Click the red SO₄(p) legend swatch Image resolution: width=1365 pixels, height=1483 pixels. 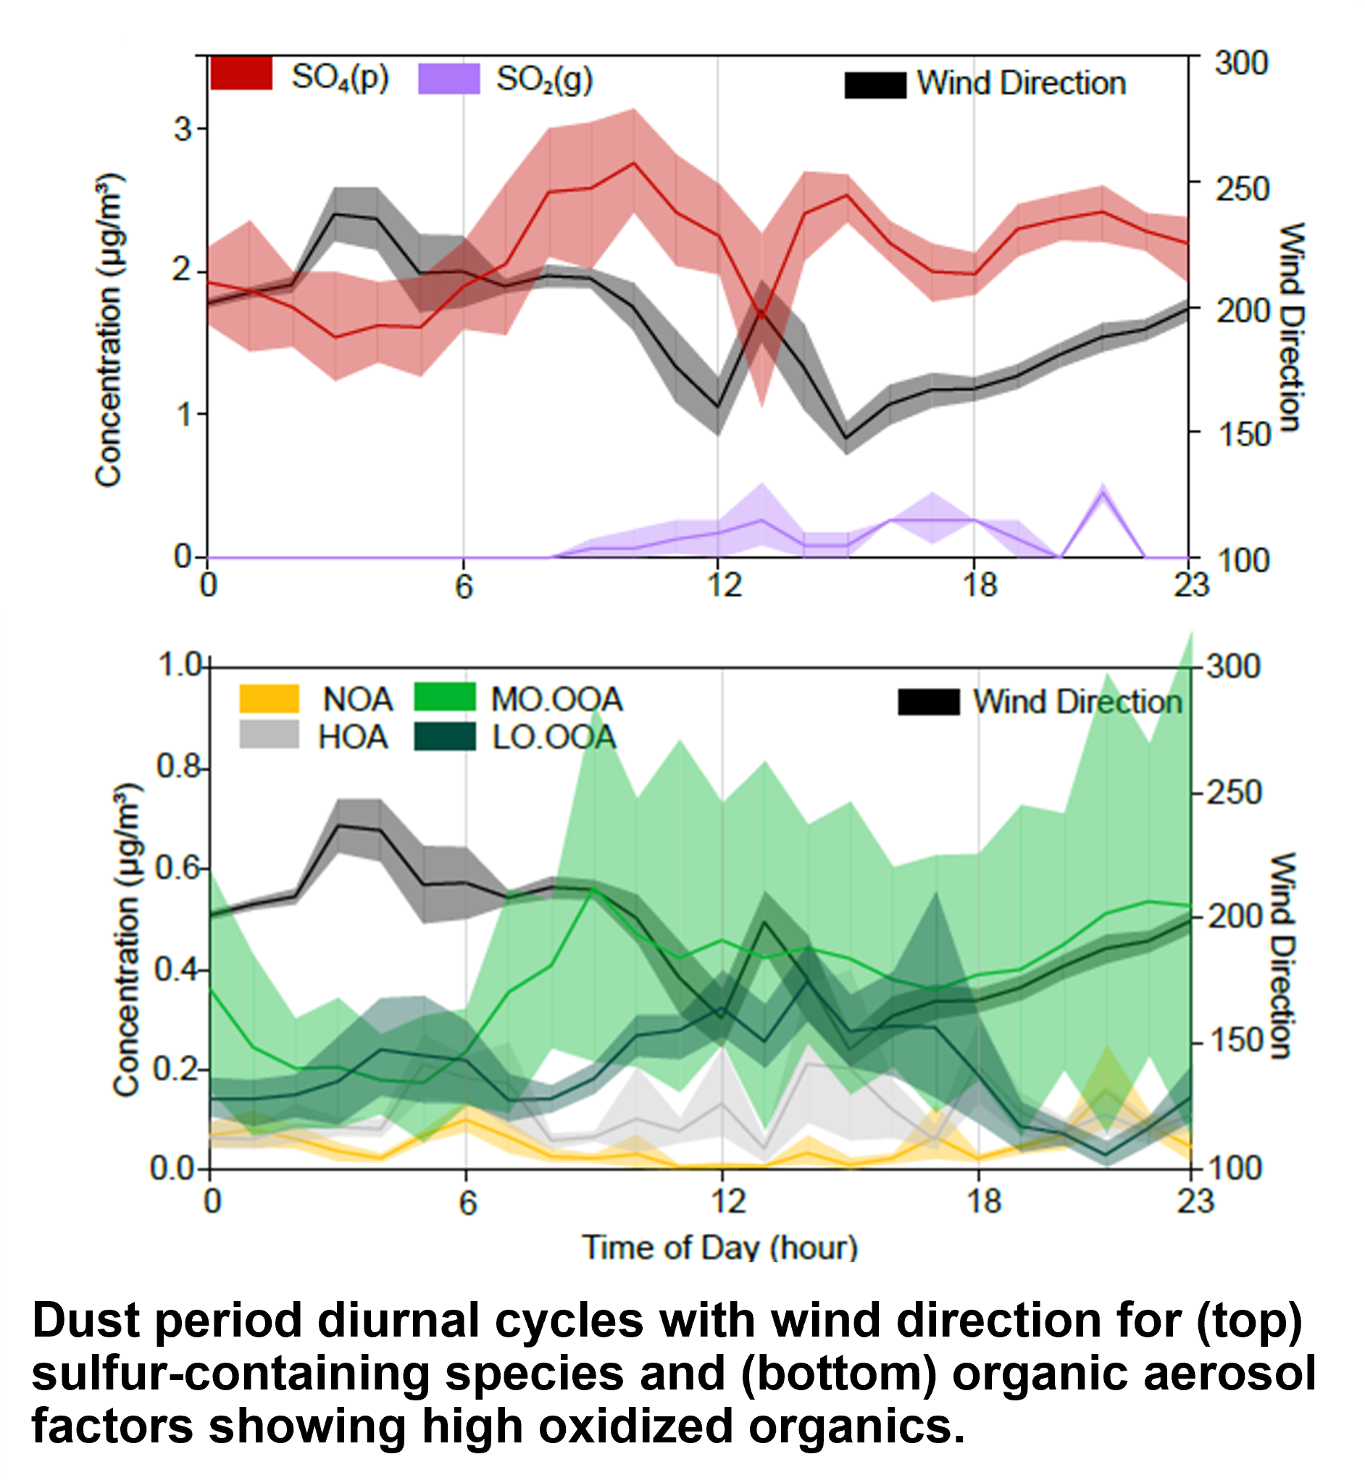point(241,75)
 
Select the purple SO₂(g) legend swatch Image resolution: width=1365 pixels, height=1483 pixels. point(448,79)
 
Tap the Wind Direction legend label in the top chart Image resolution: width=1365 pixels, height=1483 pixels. point(1021,83)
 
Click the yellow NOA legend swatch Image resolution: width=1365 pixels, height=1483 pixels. point(269,698)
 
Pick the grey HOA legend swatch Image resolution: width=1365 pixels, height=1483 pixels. point(269,735)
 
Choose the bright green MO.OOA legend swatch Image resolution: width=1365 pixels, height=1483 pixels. point(445,697)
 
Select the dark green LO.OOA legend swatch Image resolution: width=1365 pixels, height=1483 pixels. point(445,736)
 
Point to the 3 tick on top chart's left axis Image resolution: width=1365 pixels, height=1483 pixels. point(183,129)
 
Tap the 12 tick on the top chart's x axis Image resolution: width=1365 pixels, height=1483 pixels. point(724,585)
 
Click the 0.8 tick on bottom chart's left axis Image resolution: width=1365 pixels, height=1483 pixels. point(178,767)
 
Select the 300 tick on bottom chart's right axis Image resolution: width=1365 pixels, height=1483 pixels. point(1234,667)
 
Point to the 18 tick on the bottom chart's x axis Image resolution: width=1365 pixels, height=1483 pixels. point(983,1202)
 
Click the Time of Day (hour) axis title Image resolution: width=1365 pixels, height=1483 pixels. point(720,1248)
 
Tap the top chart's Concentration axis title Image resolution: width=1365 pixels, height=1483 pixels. point(109,331)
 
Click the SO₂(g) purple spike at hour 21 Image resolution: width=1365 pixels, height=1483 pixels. point(1102,493)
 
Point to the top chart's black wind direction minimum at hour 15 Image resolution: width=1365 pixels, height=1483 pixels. point(846,438)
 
